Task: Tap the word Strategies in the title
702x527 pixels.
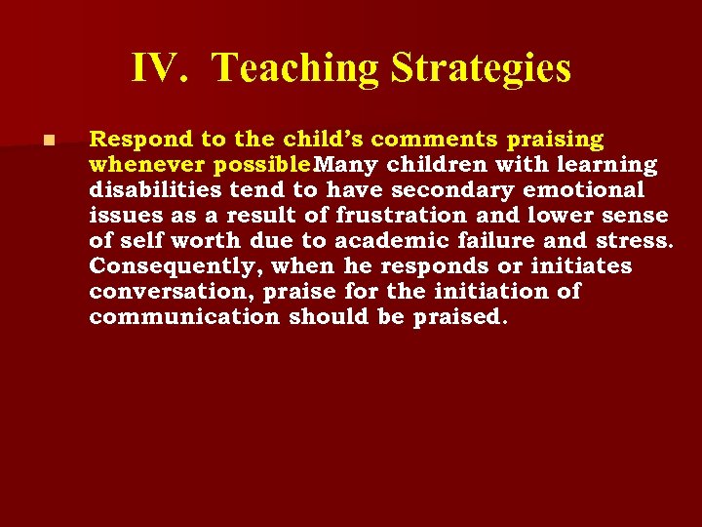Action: click(481, 68)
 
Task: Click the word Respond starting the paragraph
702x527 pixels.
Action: click(133, 140)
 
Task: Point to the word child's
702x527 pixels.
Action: click(311, 140)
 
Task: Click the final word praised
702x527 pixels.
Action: click(458, 317)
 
